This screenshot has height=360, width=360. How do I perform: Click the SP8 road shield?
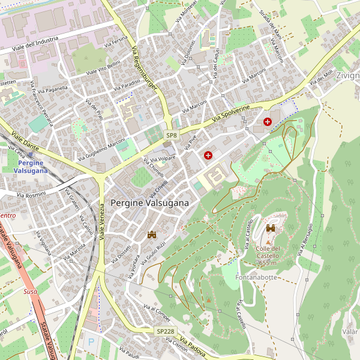click(172, 136)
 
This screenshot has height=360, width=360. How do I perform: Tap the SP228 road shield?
click(165, 331)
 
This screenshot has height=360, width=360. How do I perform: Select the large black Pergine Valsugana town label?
click(149, 203)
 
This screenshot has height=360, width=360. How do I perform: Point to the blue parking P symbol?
click(91, 341)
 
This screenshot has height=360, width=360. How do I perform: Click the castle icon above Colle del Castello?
click(271, 228)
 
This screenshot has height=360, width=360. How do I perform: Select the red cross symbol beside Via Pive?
click(208, 155)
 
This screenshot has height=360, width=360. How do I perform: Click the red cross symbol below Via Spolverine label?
click(267, 122)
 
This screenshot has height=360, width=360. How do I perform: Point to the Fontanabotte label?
click(256, 277)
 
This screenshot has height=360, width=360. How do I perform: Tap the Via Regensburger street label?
click(144, 70)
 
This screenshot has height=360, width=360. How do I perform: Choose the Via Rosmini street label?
click(31, 194)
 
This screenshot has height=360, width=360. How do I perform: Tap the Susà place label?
click(30, 291)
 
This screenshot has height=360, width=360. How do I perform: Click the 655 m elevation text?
click(268, 262)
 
